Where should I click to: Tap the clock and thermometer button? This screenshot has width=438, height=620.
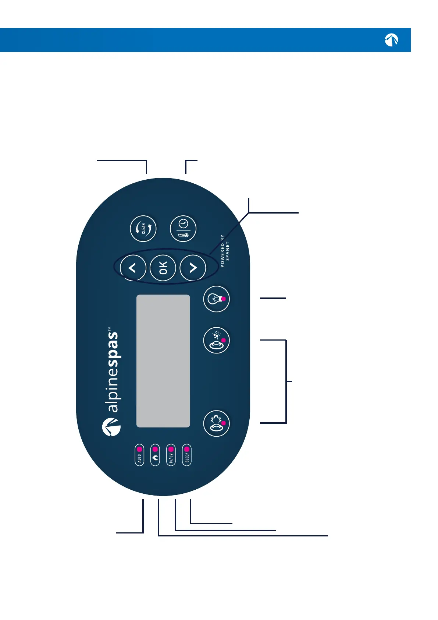point(183,229)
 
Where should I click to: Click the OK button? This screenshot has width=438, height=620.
point(163,268)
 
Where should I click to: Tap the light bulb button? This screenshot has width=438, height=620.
point(217,299)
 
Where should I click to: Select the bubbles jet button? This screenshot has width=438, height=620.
point(217,340)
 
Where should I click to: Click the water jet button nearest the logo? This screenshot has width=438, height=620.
point(217,423)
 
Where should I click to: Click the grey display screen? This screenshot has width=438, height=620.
point(163,361)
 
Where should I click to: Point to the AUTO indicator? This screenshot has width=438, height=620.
point(139,455)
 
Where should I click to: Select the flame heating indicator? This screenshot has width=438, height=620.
point(155,455)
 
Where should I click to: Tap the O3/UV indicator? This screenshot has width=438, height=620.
point(171,455)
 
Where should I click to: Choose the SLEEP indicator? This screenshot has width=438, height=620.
point(187,455)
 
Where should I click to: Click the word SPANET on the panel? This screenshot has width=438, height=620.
point(228,251)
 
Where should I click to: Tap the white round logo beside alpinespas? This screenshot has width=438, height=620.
point(111,427)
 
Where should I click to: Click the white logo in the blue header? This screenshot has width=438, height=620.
point(391,40)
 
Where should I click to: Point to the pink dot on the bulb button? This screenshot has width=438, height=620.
point(224,299)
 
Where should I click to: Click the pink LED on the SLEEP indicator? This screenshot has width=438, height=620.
point(187,449)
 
